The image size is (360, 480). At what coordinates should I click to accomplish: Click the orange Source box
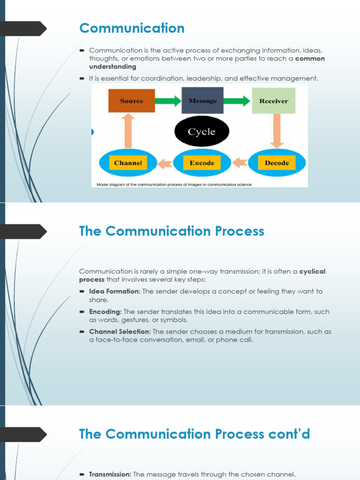132,101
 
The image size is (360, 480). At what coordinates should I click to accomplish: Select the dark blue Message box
202,100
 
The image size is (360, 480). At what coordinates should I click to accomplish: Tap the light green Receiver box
274,101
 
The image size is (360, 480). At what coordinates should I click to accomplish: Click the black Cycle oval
202,131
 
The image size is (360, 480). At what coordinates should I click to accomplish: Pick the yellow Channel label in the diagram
128,163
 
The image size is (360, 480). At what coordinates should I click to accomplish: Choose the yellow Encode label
202,163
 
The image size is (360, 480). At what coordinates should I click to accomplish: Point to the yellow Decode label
277,163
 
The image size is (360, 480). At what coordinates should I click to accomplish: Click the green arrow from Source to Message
168,101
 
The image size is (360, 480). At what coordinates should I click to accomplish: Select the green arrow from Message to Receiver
237,101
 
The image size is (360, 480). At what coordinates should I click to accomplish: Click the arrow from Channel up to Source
128,131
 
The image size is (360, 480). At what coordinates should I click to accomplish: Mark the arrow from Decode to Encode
240,163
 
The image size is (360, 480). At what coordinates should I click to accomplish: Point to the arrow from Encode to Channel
165,164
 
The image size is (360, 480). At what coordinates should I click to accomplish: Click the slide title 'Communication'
132,28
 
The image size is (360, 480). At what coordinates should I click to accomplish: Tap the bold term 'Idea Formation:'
115,292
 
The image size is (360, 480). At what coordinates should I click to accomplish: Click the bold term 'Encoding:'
105,312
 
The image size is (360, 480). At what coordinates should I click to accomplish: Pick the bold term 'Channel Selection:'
120,331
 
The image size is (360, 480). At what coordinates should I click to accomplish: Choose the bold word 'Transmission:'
110,474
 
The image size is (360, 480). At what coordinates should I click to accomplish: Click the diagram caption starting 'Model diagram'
174,185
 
